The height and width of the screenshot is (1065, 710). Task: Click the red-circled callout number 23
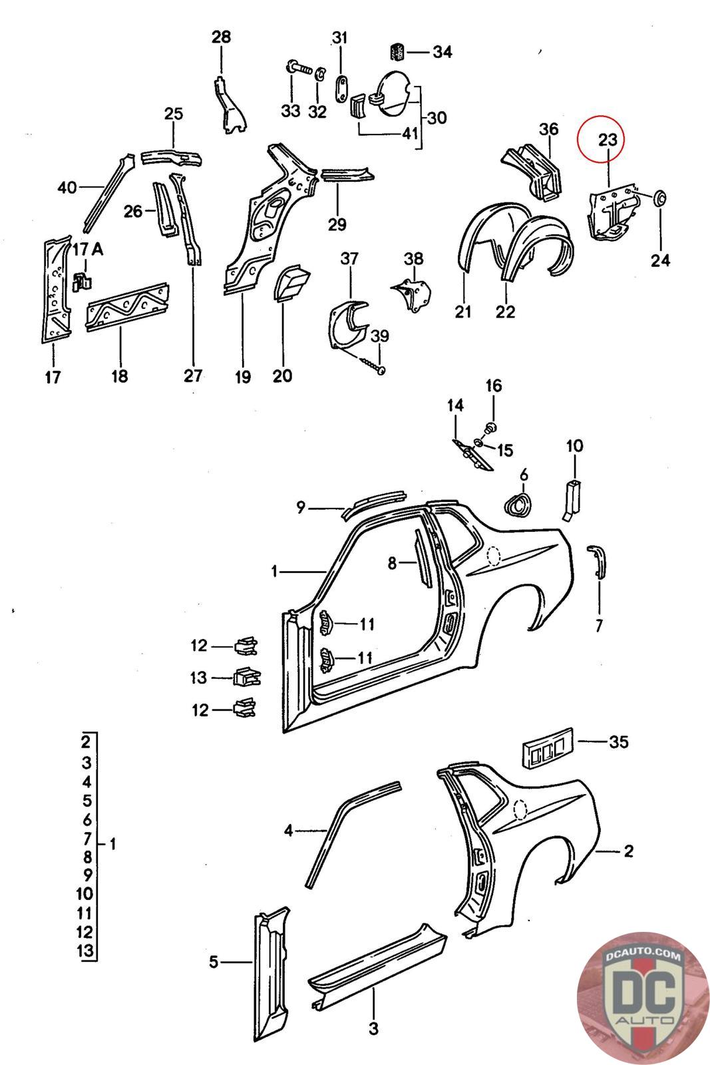[607, 140]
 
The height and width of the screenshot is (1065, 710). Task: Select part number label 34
[442, 51]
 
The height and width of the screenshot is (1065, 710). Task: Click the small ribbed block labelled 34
[398, 51]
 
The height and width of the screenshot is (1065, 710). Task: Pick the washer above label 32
[319, 73]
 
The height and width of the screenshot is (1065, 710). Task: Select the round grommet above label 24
[661, 197]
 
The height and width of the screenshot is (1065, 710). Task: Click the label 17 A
[88, 250]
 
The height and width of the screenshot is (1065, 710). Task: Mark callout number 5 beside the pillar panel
[214, 962]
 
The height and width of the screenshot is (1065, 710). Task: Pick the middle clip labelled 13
[246, 678]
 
